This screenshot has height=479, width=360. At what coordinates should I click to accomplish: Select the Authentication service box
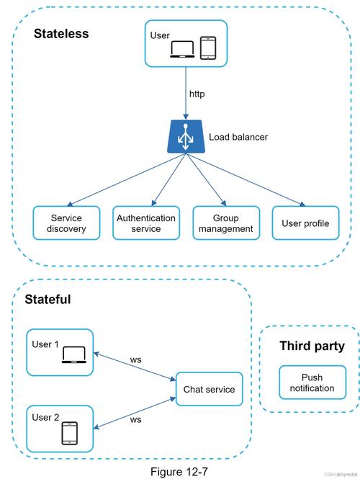coord(146,223)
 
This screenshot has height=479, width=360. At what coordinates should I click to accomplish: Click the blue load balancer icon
coord(186,137)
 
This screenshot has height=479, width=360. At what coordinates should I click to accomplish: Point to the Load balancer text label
coord(238,137)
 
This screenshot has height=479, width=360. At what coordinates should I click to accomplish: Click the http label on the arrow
coord(197,94)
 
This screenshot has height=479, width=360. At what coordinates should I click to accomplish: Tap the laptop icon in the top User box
coord(182,49)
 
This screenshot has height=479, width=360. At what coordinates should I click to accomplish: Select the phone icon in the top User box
coord(208,48)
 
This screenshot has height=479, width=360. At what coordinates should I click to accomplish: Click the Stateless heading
coord(61,33)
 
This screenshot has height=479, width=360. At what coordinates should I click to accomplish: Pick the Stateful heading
coord(48,299)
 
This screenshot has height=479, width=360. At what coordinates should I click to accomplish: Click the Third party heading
coord(312,346)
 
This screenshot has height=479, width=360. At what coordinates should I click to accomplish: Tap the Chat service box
coord(210,390)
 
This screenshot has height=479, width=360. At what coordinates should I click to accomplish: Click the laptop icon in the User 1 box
coord(73,355)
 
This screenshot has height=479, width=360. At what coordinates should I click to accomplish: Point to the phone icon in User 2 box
coord(70,433)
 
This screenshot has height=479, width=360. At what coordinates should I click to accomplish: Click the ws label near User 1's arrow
coord(135,359)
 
